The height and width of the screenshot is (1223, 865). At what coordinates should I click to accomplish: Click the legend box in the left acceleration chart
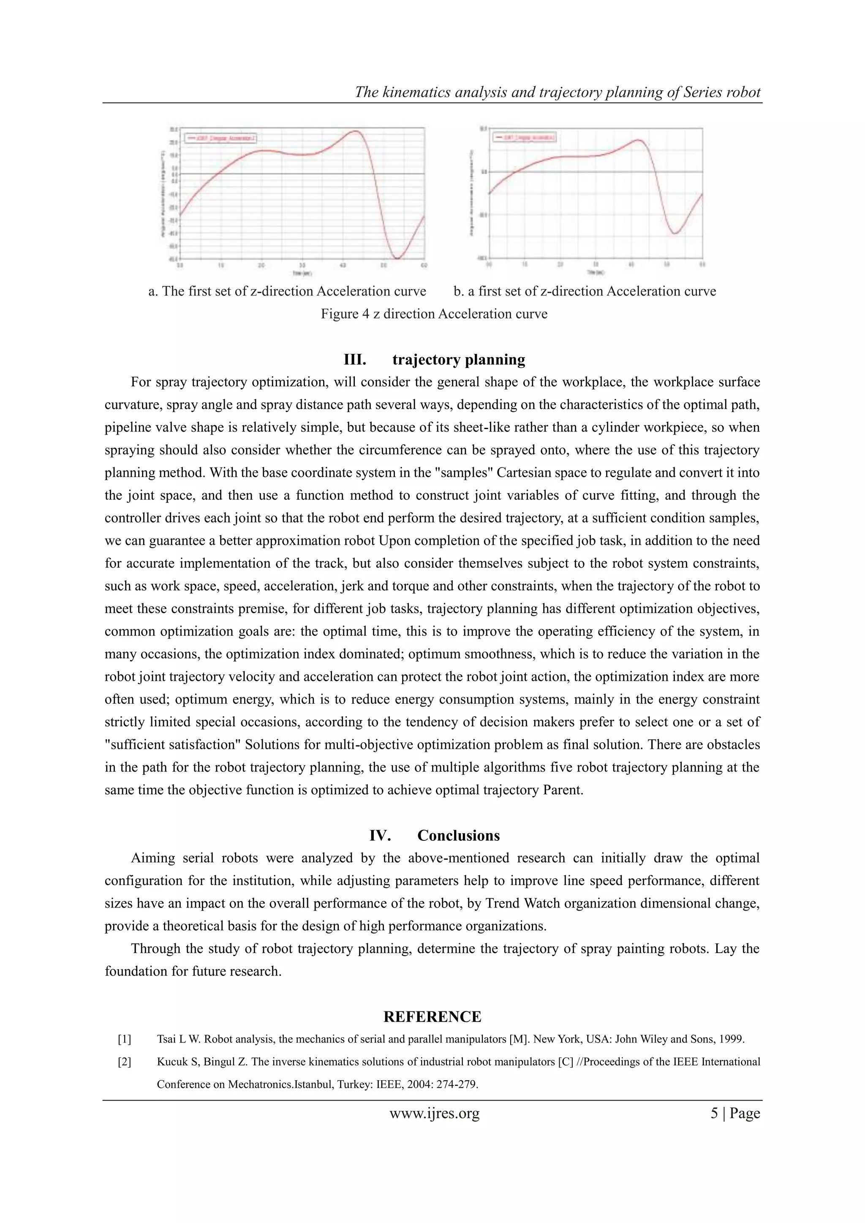[x=221, y=138]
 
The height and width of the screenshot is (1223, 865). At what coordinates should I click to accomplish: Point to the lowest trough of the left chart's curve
[x=397, y=258]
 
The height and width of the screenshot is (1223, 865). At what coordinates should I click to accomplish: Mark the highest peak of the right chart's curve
[x=639, y=140]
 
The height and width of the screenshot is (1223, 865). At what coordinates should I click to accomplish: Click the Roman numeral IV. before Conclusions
[x=380, y=835]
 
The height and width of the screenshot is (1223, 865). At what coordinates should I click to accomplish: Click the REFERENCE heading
[x=432, y=1017]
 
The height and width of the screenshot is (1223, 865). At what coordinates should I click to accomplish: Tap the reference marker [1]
[x=124, y=1039]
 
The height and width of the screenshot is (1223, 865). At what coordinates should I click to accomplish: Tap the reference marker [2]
[x=124, y=1062]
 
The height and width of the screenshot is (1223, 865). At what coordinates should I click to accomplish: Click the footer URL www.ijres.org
[x=434, y=1113]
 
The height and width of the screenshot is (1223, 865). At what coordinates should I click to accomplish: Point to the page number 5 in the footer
[x=714, y=1113]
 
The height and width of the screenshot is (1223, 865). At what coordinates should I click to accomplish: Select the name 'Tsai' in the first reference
[x=167, y=1039]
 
